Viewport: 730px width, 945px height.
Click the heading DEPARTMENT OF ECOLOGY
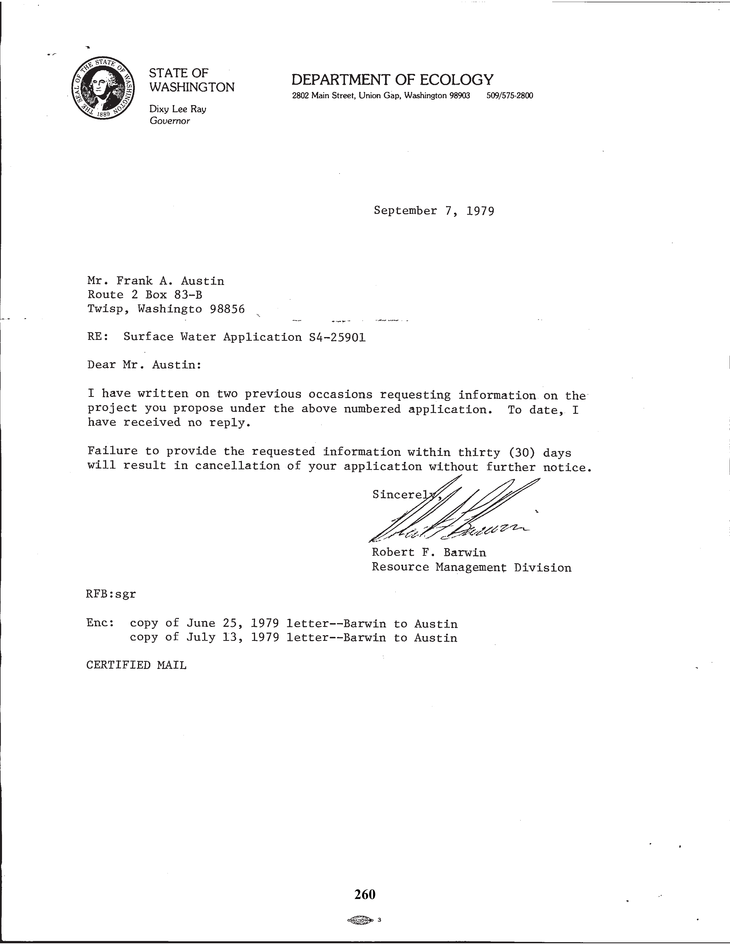[x=392, y=80]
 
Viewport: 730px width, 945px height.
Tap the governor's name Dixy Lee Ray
[x=178, y=109]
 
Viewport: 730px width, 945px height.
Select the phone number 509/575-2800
[x=510, y=96]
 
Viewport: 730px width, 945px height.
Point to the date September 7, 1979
[x=434, y=211]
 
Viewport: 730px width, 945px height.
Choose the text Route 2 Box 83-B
[x=145, y=295]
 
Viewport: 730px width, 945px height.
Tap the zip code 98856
[x=227, y=309]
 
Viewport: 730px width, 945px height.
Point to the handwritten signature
[x=450, y=515]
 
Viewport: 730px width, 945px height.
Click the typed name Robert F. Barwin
[x=429, y=553]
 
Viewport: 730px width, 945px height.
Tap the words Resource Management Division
[x=471, y=567]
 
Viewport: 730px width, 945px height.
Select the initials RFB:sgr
[x=111, y=594]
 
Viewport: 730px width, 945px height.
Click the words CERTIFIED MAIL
[x=136, y=665]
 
